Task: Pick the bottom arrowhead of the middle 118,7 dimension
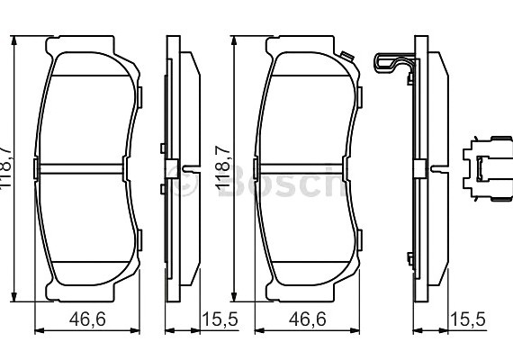click(233, 299)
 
